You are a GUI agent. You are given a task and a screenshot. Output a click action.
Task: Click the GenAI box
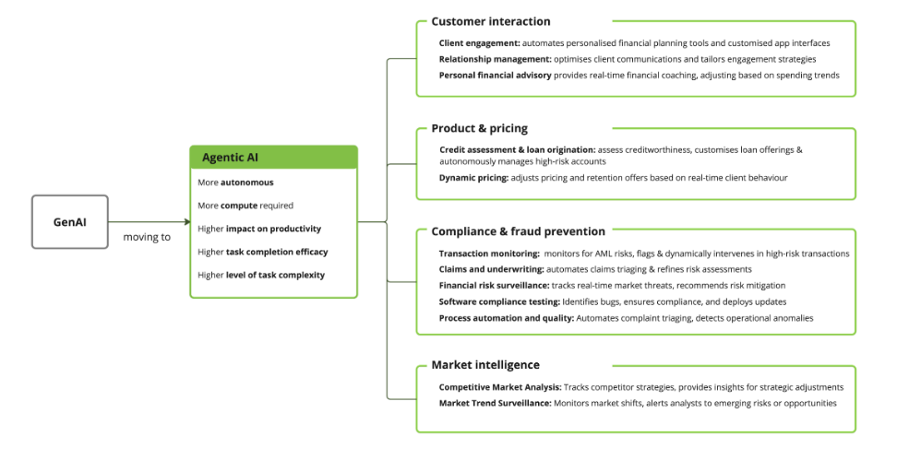click(70, 221)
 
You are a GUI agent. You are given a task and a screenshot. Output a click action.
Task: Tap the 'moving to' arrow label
click(147, 237)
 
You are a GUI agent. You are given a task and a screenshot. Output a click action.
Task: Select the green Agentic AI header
click(273, 157)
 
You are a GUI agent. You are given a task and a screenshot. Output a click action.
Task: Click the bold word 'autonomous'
click(246, 183)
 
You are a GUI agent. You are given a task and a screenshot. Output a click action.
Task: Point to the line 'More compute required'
click(245, 206)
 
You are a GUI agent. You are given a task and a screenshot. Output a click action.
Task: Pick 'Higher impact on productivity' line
click(259, 229)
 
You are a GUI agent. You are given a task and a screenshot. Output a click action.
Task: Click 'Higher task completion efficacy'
click(262, 252)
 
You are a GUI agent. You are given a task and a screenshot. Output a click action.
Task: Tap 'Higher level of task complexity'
click(260, 275)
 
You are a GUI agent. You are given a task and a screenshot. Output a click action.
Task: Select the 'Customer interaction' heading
click(490, 21)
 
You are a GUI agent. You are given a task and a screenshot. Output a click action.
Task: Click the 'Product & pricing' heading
click(479, 128)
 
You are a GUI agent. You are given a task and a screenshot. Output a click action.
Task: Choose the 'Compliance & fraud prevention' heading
click(518, 231)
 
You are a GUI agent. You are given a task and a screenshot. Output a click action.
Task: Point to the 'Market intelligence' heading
click(485, 365)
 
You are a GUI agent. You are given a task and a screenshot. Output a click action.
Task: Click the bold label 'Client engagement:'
click(479, 43)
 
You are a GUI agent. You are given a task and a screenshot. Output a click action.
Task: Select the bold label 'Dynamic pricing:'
click(473, 177)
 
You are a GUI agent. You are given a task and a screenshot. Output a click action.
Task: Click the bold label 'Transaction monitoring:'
click(489, 254)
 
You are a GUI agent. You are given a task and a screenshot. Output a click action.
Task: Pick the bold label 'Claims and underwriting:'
click(491, 269)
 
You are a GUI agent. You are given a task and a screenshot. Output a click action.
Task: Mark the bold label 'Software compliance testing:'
click(499, 301)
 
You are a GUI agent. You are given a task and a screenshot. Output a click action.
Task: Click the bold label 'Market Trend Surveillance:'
click(495, 403)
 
